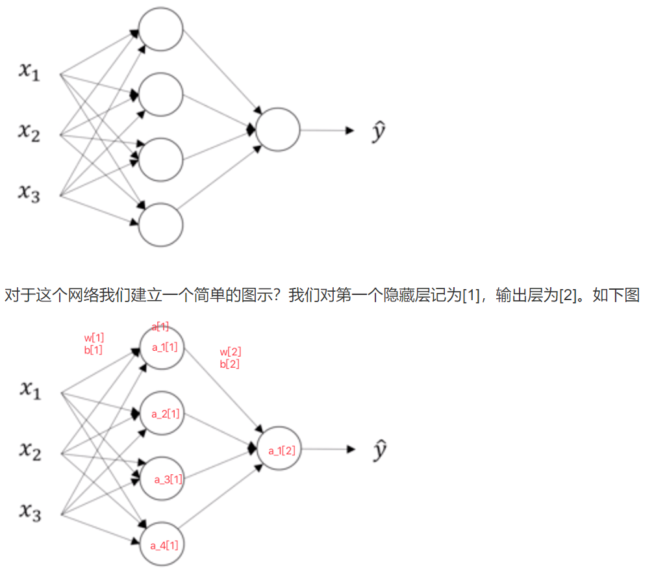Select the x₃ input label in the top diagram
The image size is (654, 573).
click(29, 192)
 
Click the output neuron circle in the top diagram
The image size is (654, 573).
click(278, 130)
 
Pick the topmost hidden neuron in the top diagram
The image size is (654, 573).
click(161, 29)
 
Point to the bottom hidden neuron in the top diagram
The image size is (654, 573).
click(161, 225)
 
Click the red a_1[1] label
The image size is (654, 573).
click(165, 348)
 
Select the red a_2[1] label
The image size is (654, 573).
click(166, 413)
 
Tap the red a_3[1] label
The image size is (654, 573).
click(168, 479)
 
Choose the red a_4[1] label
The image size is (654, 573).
click(164, 545)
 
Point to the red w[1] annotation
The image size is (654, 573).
click(94, 338)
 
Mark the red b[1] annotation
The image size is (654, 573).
click(94, 350)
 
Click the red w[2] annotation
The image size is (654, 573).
click(231, 352)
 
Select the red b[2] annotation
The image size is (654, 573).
click(230, 364)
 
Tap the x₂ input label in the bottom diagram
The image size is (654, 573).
click(30, 451)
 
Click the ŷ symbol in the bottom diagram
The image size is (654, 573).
click(379, 450)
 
